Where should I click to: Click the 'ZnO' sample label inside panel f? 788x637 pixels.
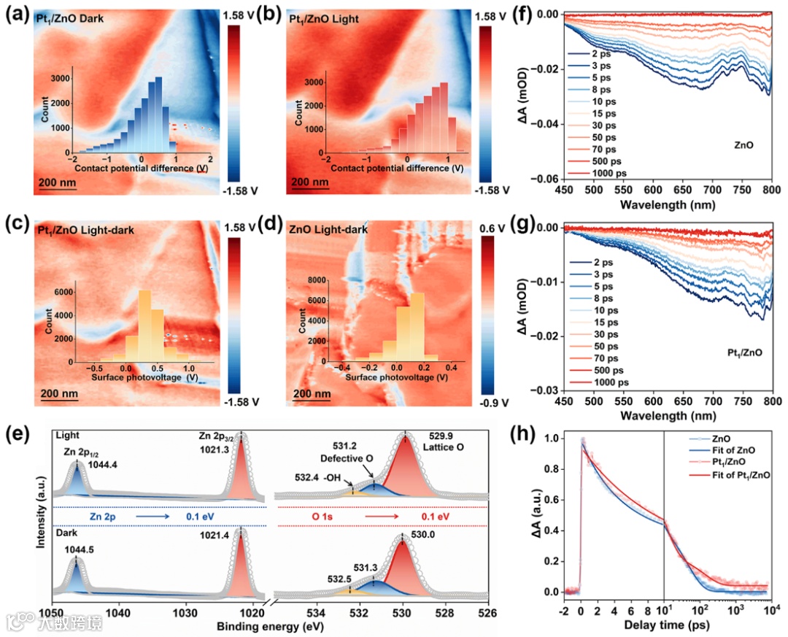[x=744, y=146]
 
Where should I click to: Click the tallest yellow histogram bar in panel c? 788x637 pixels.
[x=144, y=326]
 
